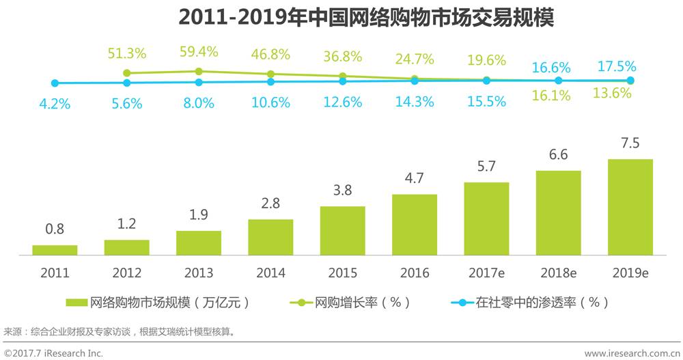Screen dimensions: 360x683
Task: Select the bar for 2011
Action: point(55,250)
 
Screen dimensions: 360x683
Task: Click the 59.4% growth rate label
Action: point(199,52)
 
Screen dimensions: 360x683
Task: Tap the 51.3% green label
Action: point(127,54)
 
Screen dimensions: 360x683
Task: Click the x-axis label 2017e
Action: point(486,273)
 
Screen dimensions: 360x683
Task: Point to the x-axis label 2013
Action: point(199,273)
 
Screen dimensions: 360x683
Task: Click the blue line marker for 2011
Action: point(55,83)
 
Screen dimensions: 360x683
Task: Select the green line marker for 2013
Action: point(199,72)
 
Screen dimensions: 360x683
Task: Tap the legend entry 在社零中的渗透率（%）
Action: point(530,302)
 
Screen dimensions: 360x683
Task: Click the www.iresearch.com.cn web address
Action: point(628,352)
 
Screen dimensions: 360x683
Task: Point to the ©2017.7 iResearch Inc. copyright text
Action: point(53,352)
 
